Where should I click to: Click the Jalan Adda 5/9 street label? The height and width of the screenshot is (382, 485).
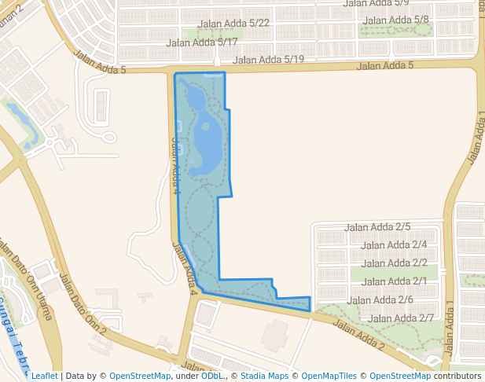coord(376,4)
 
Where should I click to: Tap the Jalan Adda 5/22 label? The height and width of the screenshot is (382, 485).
coord(235,24)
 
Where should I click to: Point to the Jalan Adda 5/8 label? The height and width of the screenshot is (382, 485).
coord(397,20)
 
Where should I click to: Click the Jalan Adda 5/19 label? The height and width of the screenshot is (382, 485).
coord(268,59)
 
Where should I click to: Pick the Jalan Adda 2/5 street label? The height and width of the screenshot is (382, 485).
coord(378,227)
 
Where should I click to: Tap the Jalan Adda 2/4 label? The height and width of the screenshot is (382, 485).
coord(394,245)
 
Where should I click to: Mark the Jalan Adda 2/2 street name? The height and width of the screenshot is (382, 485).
coord(394,263)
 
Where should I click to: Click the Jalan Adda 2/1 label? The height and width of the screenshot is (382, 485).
coord(394,281)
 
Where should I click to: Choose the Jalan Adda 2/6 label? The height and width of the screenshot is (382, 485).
coord(380,299)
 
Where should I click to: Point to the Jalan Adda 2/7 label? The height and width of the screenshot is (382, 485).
coord(401,318)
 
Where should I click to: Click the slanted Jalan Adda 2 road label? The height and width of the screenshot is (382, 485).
coord(358,334)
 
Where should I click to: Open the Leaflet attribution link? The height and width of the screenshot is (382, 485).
coord(44,376)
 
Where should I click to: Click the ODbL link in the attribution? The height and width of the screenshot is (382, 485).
coord(211,376)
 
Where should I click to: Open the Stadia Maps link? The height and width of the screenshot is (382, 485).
coord(264,376)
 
